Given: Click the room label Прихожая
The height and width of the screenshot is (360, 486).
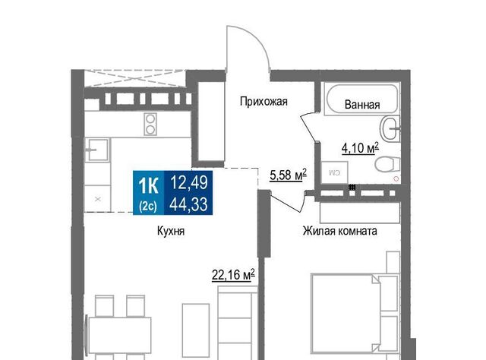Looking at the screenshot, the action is [264, 102].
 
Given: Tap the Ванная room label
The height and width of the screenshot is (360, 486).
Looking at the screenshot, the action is [362, 105].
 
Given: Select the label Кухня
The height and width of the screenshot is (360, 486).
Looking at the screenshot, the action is [171, 231].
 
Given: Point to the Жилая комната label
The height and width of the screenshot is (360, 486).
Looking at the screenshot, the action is [340, 231].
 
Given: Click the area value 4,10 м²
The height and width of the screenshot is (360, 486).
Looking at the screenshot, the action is [360, 148].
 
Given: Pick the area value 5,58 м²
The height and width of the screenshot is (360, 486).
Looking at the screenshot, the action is [289, 175].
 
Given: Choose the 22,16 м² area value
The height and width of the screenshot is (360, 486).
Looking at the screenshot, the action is [233, 275].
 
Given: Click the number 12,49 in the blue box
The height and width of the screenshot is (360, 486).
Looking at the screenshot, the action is [189, 182].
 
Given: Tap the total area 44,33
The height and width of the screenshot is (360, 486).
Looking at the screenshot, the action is [189, 204].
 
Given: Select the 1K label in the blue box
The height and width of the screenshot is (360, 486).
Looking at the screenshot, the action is [149, 186].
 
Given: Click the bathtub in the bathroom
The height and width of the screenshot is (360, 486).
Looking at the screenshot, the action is [361, 99].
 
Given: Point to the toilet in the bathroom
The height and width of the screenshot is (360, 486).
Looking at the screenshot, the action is [387, 164].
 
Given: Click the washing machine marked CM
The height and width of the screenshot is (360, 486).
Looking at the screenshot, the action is [334, 172].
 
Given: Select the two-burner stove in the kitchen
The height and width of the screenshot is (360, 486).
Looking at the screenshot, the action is [150, 124].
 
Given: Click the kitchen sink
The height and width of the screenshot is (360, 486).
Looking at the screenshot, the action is [97, 150].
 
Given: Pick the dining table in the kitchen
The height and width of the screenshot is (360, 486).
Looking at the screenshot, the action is [120, 335].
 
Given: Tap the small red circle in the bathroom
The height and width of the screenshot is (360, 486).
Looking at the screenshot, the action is [396, 179].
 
